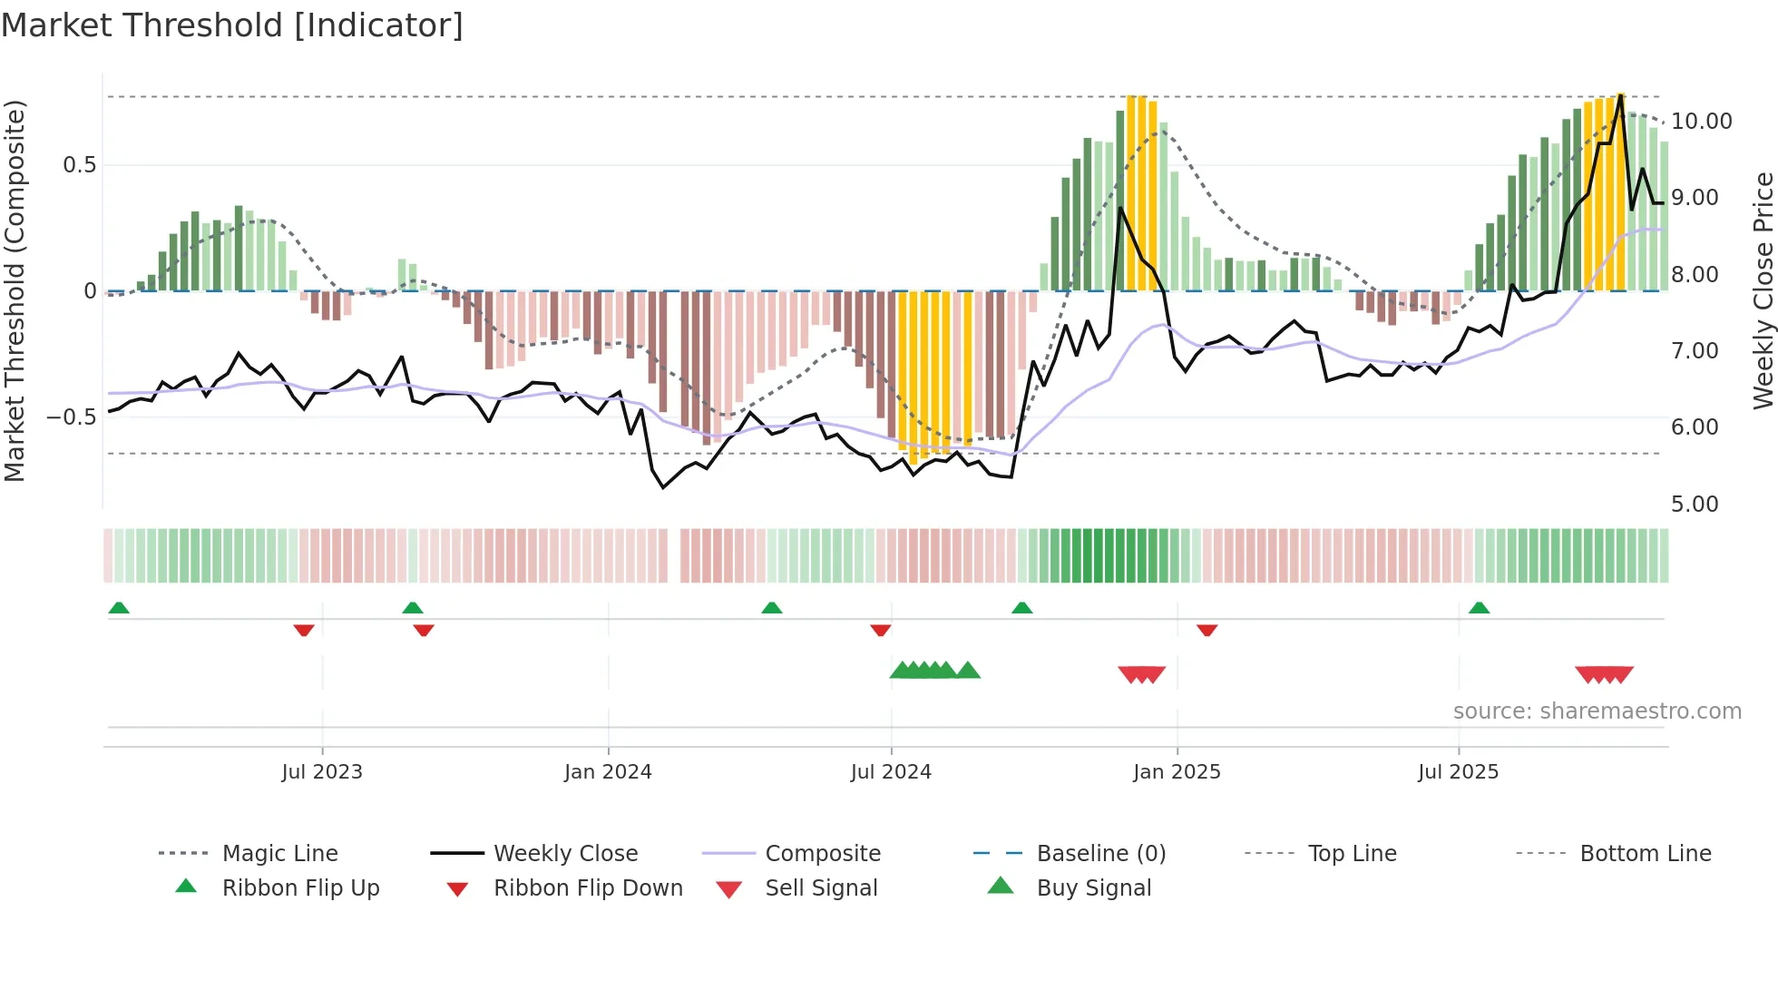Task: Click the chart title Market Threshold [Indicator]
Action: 232,25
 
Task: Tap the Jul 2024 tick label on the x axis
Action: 891,772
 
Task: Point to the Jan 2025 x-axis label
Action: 1177,772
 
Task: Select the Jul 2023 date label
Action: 322,772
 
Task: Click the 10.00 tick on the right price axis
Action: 1701,122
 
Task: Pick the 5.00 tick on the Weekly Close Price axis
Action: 1694,505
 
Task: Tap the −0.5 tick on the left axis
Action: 72,417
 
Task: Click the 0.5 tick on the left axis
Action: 79,165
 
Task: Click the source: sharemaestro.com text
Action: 1597,711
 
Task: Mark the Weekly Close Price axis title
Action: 1763,290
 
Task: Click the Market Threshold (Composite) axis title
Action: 15,290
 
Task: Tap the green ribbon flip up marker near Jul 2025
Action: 1479,608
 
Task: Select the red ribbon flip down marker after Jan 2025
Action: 1206,630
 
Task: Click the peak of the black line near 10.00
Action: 1620,94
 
